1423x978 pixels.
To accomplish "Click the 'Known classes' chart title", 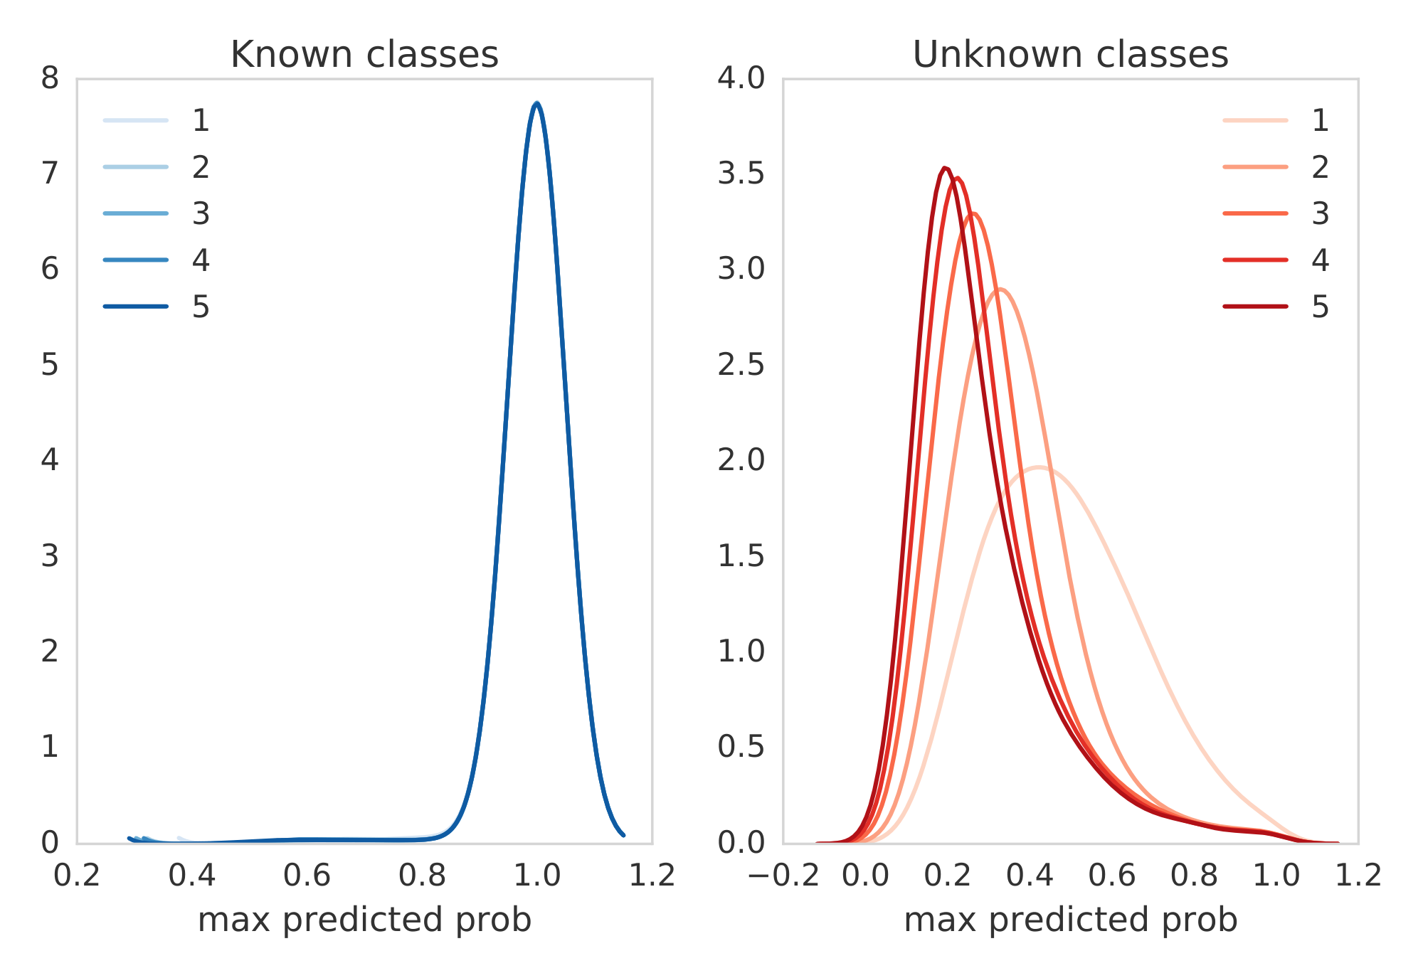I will click(364, 55).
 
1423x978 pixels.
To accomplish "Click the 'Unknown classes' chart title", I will click(1070, 55).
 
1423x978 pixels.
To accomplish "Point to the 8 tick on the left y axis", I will click(50, 78).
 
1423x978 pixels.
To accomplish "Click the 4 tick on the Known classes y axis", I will click(50, 460).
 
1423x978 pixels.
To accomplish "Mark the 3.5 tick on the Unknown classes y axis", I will click(741, 174).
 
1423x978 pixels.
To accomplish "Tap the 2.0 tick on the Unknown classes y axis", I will click(741, 460).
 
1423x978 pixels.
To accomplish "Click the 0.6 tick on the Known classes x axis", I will click(307, 875).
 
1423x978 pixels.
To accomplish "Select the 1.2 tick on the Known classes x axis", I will click(652, 875).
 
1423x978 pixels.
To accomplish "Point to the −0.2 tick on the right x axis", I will click(783, 875).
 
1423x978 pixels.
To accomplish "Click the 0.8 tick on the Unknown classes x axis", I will click(1194, 875).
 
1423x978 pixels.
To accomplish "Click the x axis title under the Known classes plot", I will click(364, 920).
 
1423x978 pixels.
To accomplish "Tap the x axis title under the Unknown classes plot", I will click(1070, 920).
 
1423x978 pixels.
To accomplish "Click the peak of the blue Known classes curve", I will click(537, 104).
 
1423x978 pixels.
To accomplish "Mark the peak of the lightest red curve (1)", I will click(1039, 467).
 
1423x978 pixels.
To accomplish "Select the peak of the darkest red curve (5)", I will click(945, 168).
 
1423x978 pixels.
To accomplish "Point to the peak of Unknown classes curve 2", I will click(1000, 289).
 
